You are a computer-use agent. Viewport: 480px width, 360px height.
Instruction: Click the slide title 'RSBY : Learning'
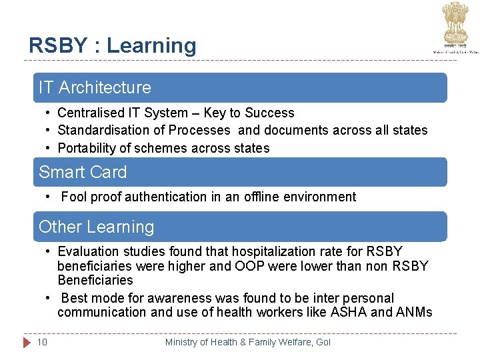tap(112, 45)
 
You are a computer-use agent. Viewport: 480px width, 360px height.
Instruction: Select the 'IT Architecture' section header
tap(95, 87)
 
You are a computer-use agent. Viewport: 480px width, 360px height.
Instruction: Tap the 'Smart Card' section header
tap(83, 172)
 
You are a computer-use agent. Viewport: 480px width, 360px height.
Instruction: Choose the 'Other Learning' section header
tap(96, 227)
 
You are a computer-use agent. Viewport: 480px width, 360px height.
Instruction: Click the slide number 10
tap(42, 342)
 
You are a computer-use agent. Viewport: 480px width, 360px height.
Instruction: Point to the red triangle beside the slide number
tap(27, 342)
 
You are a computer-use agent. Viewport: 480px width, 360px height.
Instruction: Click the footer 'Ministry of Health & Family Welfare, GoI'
tap(247, 342)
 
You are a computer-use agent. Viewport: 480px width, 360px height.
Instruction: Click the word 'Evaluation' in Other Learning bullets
tap(88, 251)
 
